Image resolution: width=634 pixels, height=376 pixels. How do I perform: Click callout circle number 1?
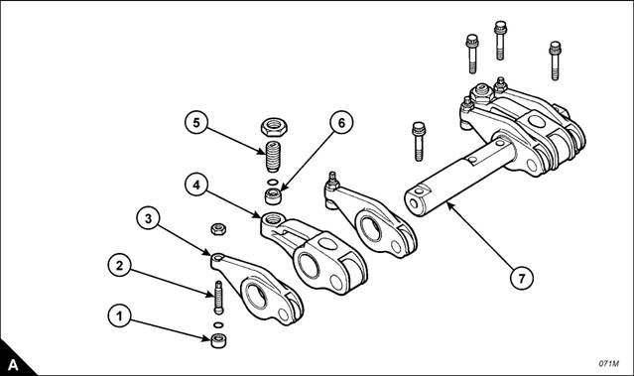(x=119, y=316)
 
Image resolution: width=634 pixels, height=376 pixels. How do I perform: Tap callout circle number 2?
(x=119, y=266)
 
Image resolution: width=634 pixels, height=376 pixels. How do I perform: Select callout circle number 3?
(x=148, y=218)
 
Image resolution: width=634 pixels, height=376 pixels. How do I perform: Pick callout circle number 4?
(x=196, y=186)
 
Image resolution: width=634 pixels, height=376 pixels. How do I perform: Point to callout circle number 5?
(x=196, y=122)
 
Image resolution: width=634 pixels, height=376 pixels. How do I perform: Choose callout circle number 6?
(x=341, y=122)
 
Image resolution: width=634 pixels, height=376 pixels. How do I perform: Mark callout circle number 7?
(x=522, y=278)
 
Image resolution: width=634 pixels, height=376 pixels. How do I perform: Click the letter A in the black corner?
(x=13, y=365)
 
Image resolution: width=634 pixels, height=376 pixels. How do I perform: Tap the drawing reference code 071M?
(x=608, y=363)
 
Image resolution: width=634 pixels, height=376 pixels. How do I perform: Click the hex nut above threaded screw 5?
(x=274, y=127)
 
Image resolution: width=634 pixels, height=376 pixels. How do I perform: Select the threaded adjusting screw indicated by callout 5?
(x=274, y=156)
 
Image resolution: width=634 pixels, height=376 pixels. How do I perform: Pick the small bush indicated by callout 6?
(x=273, y=196)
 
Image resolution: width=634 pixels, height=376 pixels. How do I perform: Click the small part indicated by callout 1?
(x=218, y=341)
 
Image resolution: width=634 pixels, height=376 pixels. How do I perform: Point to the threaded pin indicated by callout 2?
(x=218, y=298)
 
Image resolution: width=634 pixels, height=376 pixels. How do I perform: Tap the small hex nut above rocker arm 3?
(x=218, y=229)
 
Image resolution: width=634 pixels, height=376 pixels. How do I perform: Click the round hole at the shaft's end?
(x=414, y=203)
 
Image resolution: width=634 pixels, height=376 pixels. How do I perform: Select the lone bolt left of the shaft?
(x=419, y=142)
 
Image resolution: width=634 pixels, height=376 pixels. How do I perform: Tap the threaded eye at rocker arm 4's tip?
(x=271, y=220)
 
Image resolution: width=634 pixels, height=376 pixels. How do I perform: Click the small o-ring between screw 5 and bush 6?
(x=273, y=182)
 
